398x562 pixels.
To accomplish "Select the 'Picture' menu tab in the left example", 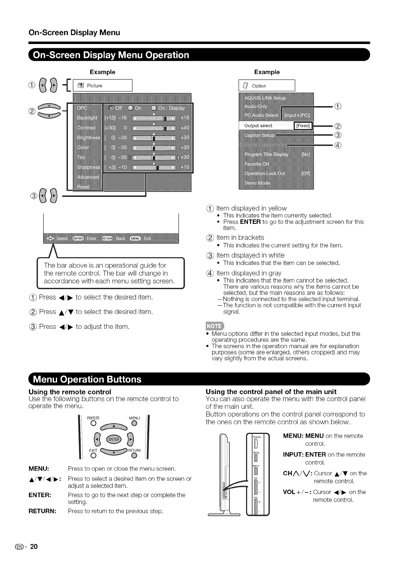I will point(94,86).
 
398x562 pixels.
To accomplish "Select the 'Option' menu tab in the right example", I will point(259,86).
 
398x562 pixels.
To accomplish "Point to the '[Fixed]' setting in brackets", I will point(303,126).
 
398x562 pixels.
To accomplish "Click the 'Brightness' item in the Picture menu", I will point(88,138).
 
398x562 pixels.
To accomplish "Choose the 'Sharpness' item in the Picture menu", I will point(88,167).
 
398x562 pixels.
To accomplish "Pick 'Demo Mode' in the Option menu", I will point(257,183).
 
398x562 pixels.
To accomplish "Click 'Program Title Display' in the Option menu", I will point(266,154).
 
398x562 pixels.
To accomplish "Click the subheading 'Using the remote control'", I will point(70,392).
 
